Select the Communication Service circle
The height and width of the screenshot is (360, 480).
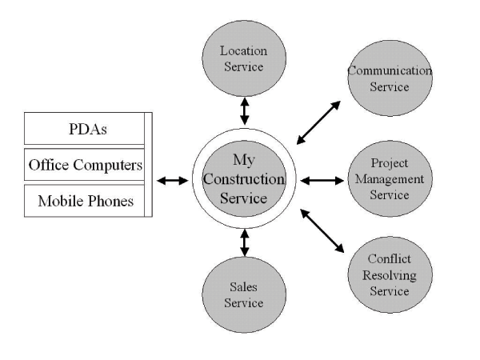click(x=390, y=78)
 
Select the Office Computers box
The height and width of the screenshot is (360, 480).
click(x=86, y=166)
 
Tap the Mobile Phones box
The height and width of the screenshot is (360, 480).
click(x=86, y=201)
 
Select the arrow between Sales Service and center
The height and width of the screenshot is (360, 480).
click(x=244, y=242)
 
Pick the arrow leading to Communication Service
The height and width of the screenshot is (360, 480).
click(x=318, y=123)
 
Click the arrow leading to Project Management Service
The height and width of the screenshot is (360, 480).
click(x=322, y=180)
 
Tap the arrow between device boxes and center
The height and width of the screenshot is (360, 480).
click(x=172, y=181)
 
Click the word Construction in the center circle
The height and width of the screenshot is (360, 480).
click(x=244, y=180)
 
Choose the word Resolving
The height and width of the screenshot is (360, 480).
click(x=390, y=276)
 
